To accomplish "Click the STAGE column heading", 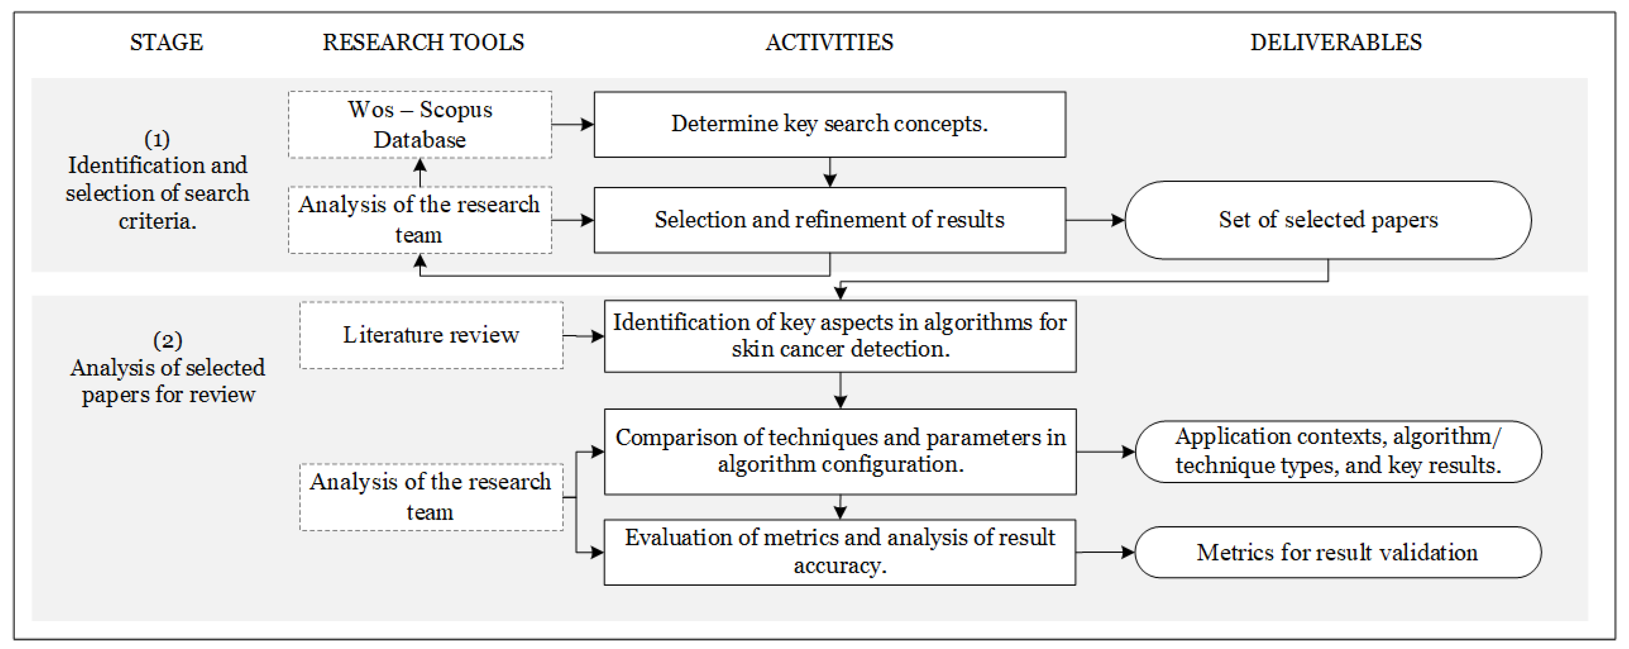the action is (166, 42).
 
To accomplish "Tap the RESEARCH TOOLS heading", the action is (423, 42).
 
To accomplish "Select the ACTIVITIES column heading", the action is (829, 42).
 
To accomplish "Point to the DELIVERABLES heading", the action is (1336, 42).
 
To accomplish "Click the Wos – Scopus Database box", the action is (420, 125).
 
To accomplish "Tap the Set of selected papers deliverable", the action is (1328, 220).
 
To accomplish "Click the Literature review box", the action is (431, 335).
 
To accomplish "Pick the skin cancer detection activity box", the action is (840, 336).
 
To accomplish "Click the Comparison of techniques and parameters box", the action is (840, 452).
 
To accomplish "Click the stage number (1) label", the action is (157, 139).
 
